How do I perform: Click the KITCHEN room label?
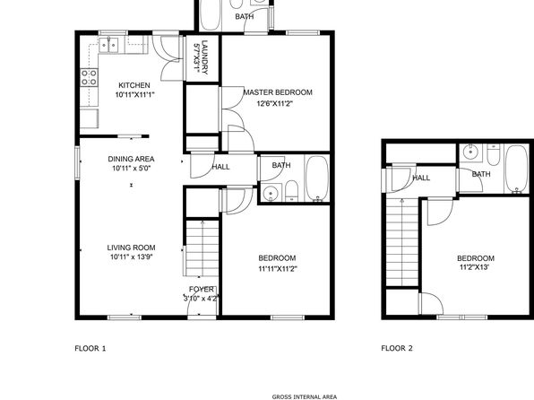click(x=134, y=85)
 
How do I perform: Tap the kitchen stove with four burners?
click(x=90, y=77)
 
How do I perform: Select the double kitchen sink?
click(x=108, y=46)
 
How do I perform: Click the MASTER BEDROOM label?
click(x=278, y=92)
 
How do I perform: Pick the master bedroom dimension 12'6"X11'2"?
click(x=275, y=103)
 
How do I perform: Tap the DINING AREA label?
click(x=131, y=159)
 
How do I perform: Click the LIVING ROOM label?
click(x=131, y=248)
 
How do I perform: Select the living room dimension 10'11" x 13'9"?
click(x=131, y=257)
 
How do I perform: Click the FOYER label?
click(x=202, y=290)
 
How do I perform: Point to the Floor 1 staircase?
click(x=202, y=248)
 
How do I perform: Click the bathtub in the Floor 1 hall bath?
click(x=317, y=178)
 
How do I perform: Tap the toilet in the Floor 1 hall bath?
click(x=291, y=191)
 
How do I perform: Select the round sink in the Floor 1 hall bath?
click(x=271, y=193)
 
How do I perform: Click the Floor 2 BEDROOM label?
click(x=476, y=258)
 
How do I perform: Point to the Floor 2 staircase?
click(x=402, y=242)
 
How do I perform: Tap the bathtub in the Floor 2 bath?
click(x=517, y=170)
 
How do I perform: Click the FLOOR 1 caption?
click(x=90, y=348)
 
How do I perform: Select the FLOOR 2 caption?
click(x=397, y=348)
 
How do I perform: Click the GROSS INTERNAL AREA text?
click(x=305, y=396)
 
